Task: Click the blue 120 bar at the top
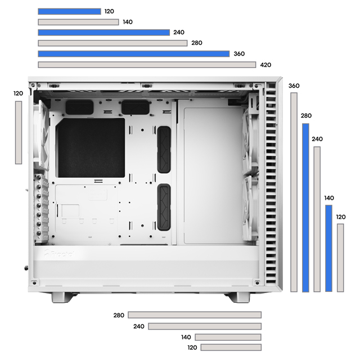(x=69, y=11)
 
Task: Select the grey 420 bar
(x=147, y=65)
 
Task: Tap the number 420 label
(x=265, y=65)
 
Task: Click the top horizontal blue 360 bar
(x=134, y=54)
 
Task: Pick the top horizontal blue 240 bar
(x=104, y=33)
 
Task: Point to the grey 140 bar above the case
(x=78, y=22)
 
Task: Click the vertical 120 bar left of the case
(x=19, y=133)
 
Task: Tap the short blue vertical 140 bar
(x=328, y=248)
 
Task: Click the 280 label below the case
(x=119, y=315)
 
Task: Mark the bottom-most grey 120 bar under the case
(x=231, y=348)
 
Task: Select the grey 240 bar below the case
(x=205, y=326)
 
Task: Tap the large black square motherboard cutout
(x=91, y=147)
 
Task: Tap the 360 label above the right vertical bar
(x=294, y=86)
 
